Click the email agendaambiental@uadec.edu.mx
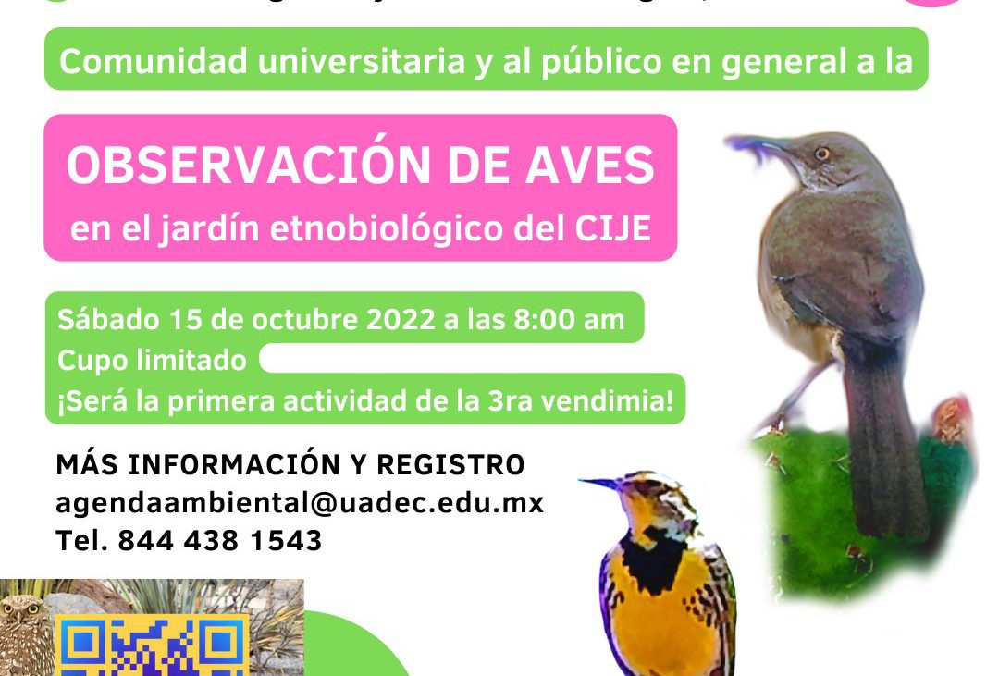[x=300, y=502]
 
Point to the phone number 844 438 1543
[x=221, y=540]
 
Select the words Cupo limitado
[x=152, y=359]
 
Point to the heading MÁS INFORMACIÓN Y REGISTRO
[x=290, y=464]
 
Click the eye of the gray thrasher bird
[x=820, y=153]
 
